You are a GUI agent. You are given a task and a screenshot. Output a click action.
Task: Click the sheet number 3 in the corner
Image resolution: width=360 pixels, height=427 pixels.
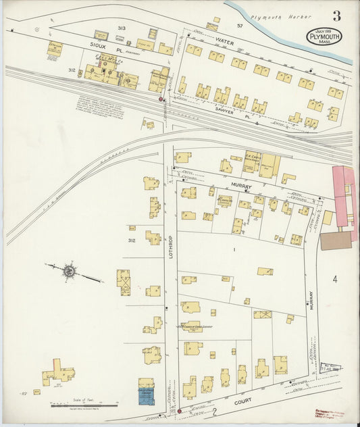(x=336, y=16)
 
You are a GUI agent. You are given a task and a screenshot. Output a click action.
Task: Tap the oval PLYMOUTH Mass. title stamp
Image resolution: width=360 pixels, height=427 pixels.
(x=324, y=36)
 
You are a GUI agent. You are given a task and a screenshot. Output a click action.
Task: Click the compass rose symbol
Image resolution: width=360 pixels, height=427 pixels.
(x=68, y=272)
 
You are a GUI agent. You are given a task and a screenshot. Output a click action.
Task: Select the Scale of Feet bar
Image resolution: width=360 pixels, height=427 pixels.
(x=84, y=406)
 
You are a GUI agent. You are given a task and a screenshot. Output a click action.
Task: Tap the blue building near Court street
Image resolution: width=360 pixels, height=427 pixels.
(x=146, y=395)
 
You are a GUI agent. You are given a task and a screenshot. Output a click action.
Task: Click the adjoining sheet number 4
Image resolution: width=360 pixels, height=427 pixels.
(x=334, y=279)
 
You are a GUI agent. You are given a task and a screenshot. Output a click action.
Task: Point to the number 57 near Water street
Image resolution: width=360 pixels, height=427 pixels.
(x=239, y=26)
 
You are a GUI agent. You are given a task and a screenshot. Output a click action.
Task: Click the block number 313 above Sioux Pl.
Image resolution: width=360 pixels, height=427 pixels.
(x=122, y=28)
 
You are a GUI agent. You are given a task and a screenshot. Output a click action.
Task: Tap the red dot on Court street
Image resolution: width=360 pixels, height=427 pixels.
(x=179, y=410)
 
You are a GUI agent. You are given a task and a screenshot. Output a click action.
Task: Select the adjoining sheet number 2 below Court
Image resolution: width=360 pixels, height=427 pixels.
(x=214, y=410)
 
